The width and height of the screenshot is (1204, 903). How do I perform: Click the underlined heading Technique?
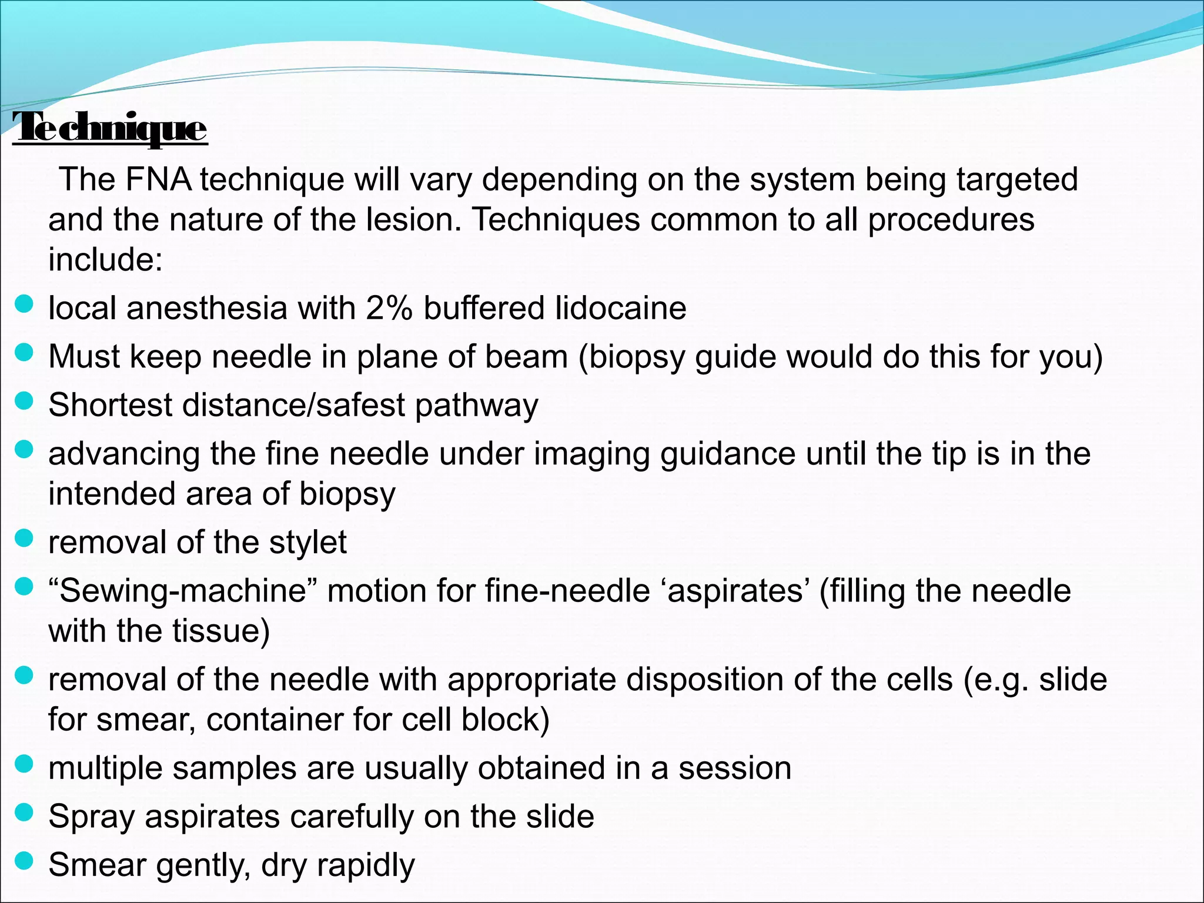tap(110, 128)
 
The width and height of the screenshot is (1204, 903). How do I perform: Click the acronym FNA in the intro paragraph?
tap(158, 179)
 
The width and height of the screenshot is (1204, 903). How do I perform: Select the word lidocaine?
tap(621, 308)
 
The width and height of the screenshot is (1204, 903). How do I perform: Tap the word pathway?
tap(476, 406)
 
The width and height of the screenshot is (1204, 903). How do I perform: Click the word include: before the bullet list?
tap(105, 259)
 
